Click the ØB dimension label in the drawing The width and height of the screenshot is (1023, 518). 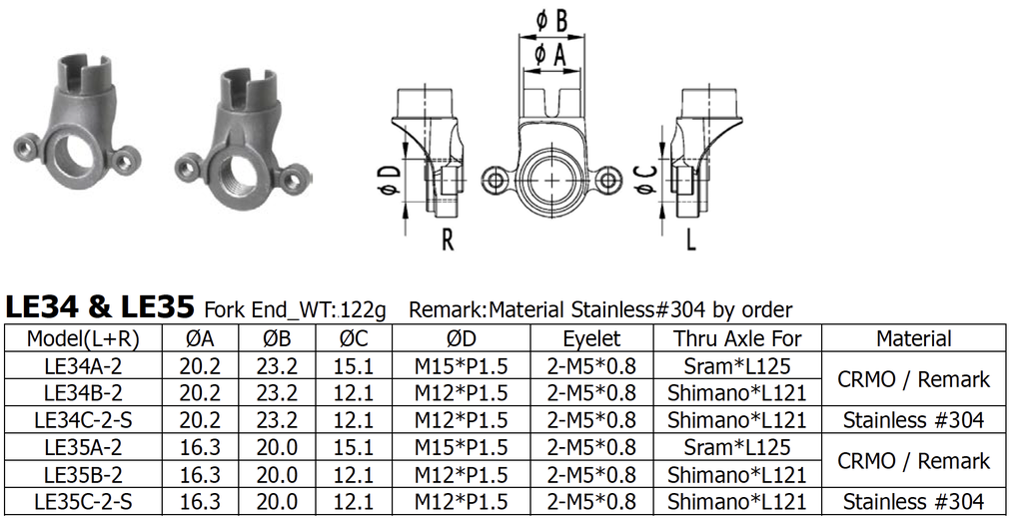[551, 21]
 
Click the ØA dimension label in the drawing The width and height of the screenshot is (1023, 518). [551, 55]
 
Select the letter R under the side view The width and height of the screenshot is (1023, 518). [448, 240]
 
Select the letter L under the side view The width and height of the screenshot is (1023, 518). [691, 240]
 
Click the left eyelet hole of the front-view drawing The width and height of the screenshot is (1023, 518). [496, 181]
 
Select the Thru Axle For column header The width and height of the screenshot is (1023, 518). [736, 339]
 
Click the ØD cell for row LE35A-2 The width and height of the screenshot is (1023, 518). [461, 447]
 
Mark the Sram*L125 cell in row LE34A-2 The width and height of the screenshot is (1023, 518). [736, 365]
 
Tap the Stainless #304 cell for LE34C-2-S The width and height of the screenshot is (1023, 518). [913, 420]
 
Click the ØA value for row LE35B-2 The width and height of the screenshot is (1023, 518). [200, 475]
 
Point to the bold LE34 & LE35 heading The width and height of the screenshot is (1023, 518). [101, 306]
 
